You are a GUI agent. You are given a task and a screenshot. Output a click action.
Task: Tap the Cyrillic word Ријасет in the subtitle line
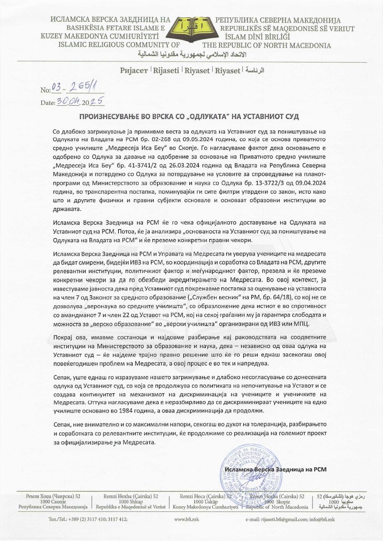tap(134, 70)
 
